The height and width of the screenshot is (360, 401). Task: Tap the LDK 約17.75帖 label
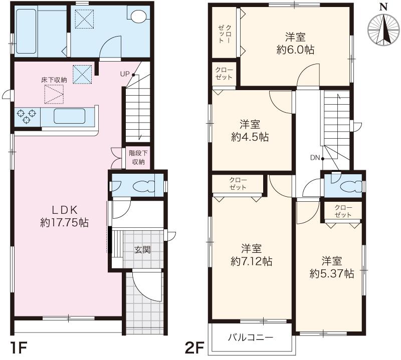(x=64, y=216)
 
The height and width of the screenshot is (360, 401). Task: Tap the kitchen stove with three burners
(x=26, y=116)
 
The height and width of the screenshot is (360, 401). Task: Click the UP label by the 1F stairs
(x=125, y=74)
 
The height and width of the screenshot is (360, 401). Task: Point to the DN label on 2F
(x=315, y=158)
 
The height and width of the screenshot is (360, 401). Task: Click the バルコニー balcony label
(x=252, y=337)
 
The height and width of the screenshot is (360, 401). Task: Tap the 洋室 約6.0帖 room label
(x=296, y=43)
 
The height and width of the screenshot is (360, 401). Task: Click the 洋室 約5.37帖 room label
(x=332, y=267)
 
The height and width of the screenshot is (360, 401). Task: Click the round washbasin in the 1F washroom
(x=136, y=16)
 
